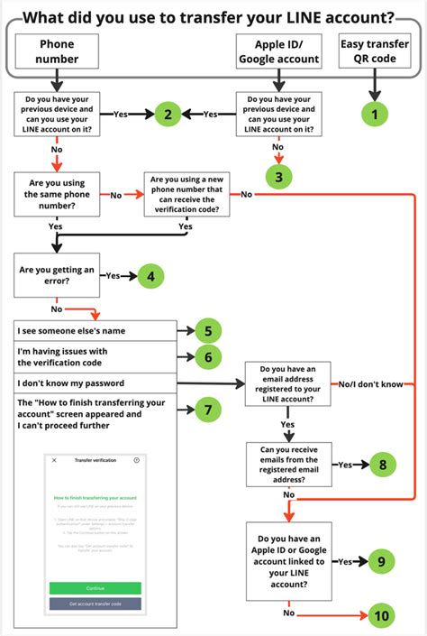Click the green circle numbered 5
[207, 331]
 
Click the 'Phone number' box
[55, 51]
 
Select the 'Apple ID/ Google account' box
[280, 51]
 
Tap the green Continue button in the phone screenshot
[95, 588]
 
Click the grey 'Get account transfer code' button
[95, 604]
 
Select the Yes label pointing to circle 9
[345, 561]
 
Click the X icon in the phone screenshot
[54, 460]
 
